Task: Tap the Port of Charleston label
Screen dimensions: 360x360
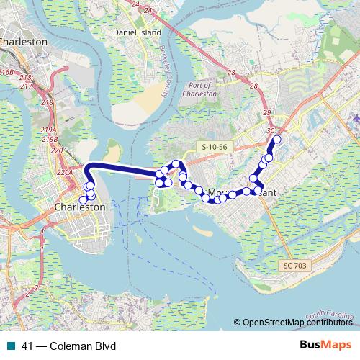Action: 202,89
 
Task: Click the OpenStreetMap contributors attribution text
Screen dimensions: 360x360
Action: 298,322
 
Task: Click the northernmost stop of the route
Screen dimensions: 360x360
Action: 276,139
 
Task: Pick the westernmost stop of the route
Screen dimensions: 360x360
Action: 84,199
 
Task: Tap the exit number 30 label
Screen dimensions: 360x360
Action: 271,130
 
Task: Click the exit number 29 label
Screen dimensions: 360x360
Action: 267,114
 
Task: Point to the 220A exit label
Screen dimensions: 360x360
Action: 65,173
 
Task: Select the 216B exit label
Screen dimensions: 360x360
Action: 6,72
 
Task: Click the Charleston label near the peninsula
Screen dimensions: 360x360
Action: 80,207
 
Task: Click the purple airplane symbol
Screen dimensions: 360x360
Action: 356,117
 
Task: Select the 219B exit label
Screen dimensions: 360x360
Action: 50,139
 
